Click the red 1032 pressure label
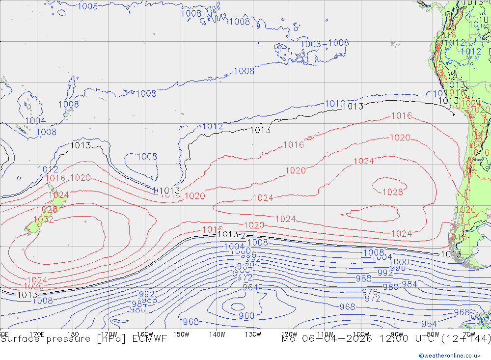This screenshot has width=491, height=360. [x=43, y=220]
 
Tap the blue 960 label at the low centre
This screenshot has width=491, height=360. [x=246, y=316]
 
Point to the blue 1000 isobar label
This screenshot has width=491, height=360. [x=399, y=262]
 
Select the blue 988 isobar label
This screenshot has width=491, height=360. [x=364, y=278]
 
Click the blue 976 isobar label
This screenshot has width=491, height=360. [x=370, y=292]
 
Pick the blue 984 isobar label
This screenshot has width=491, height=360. [x=409, y=284]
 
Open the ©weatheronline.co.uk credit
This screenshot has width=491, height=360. [x=449, y=356]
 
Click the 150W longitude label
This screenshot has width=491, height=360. [x=181, y=334]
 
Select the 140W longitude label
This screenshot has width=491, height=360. [x=217, y=334]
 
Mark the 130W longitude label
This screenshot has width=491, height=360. [x=253, y=334]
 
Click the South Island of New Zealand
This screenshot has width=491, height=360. [x=35, y=224]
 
